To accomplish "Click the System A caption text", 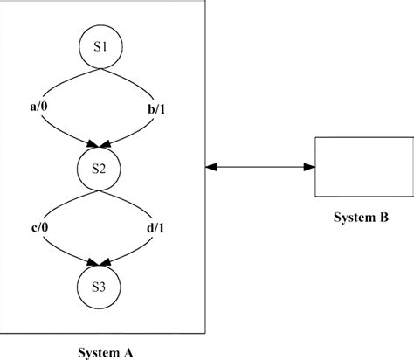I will [x=103, y=352].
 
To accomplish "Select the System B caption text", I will [x=361, y=215].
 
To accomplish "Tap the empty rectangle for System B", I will [x=361, y=165].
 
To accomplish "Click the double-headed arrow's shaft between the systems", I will [x=259, y=165].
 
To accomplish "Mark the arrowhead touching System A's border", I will [x=210, y=165].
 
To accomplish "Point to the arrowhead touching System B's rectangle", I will [x=308, y=165].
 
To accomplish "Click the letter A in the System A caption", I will [x=128, y=352].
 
